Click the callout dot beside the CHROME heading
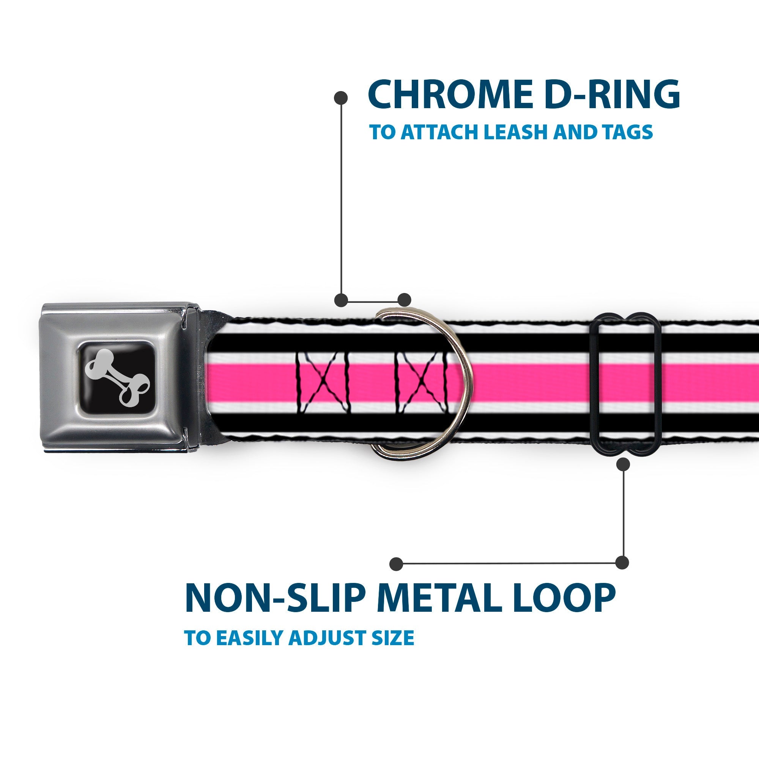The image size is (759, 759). click(341, 98)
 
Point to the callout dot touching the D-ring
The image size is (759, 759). click(404, 300)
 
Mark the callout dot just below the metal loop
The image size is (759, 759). click(624, 465)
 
